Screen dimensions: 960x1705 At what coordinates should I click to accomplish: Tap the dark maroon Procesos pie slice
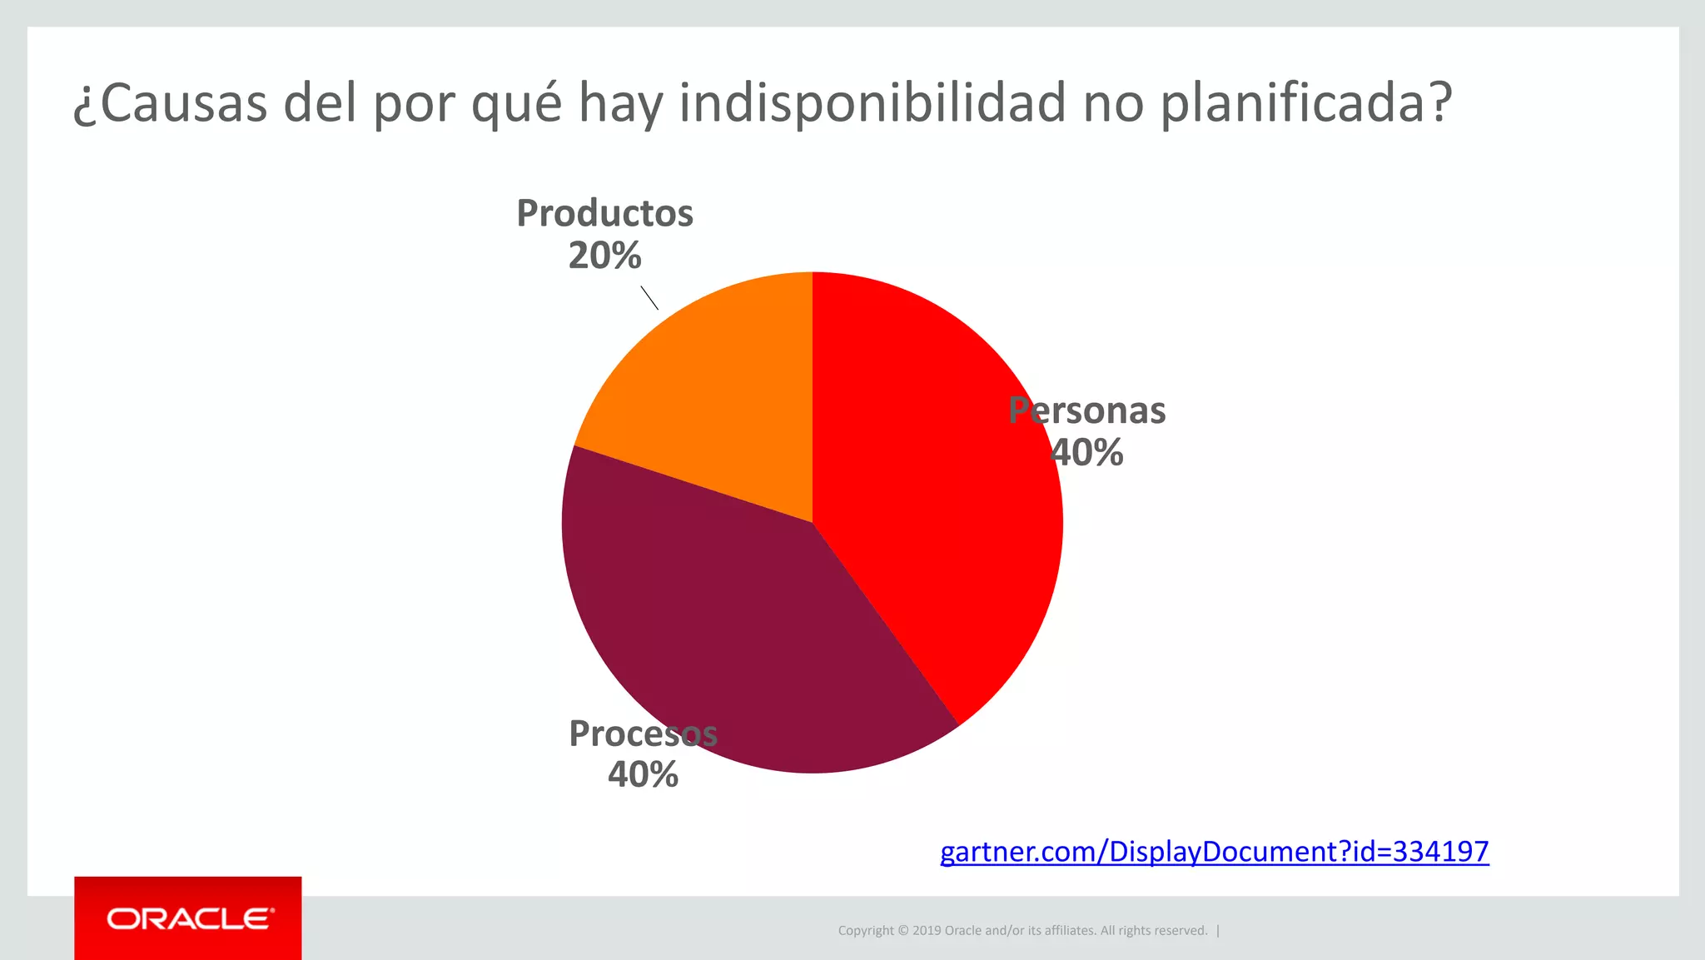(733, 633)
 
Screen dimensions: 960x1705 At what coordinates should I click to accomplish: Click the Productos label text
(604, 213)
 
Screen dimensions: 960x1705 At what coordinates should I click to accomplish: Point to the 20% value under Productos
(604, 256)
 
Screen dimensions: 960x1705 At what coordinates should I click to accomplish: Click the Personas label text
(1086, 410)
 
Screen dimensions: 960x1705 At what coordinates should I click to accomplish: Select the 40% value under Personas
(1086, 453)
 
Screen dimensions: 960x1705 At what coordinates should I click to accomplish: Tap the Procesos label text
(643, 734)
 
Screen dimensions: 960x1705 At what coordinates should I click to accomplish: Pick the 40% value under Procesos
(643, 775)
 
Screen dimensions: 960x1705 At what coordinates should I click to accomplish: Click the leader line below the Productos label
(649, 297)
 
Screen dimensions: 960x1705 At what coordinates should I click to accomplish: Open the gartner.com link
(1214, 852)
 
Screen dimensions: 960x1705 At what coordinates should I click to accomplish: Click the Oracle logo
(188, 918)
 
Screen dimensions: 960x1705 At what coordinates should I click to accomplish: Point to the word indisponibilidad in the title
(872, 103)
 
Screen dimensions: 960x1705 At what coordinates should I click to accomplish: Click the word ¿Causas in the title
(170, 103)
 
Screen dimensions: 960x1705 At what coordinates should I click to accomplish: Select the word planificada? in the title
(1305, 103)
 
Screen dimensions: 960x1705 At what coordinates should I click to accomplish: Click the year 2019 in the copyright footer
(926, 931)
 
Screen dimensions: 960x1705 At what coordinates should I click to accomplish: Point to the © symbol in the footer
(902, 931)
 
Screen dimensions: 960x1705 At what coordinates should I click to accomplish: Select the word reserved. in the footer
(1181, 931)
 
